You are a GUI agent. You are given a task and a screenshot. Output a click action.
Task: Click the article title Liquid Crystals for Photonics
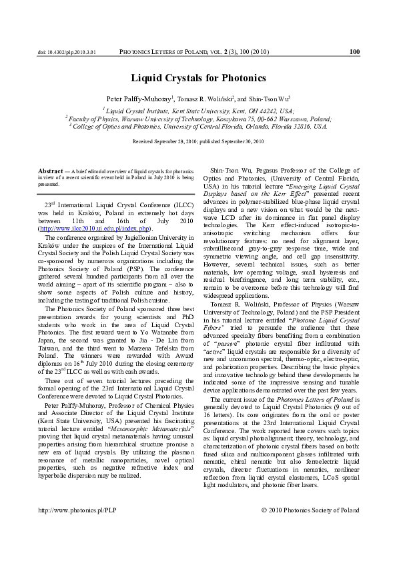(198, 78)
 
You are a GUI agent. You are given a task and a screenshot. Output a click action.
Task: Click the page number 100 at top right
(354, 51)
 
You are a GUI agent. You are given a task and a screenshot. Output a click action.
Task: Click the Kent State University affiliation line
(198, 111)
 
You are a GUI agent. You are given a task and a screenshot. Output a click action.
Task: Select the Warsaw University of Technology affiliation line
(198, 119)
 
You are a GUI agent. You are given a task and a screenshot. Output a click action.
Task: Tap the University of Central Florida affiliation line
(198, 126)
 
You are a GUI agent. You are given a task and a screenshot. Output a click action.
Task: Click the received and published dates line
(198, 142)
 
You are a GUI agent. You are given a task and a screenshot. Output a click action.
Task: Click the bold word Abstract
(51, 171)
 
